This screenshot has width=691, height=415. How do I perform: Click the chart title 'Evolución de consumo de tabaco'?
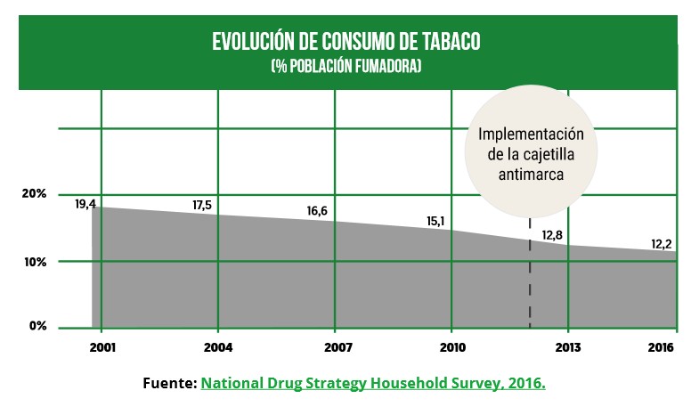tap(345, 43)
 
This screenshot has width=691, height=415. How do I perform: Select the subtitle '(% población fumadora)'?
tap(345, 67)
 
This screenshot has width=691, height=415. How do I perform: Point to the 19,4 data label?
tap(85, 204)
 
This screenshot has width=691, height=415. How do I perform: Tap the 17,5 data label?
tap(203, 206)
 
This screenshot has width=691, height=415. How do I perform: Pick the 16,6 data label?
tap(317, 211)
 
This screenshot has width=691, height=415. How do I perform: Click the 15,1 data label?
tap(435, 222)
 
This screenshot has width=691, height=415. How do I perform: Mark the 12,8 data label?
tap(552, 235)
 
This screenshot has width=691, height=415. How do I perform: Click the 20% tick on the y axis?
tap(35, 194)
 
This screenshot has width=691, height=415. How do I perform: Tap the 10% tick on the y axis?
tap(35, 262)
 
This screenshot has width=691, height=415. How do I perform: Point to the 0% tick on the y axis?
tap(37, 326)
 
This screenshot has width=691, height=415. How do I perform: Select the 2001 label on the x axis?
tap(102, 346)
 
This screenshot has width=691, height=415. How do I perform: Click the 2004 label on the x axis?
tap(218, 346)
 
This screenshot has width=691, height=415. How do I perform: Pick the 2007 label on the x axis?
tap(336, 346)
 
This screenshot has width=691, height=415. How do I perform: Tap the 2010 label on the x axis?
tap(452, 346)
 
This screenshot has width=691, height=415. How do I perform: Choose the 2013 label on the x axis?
tap(568, 346)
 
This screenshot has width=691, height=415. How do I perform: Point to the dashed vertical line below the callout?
tap(531, 276)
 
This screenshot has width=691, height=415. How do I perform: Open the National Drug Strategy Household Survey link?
tap(373, 383)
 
